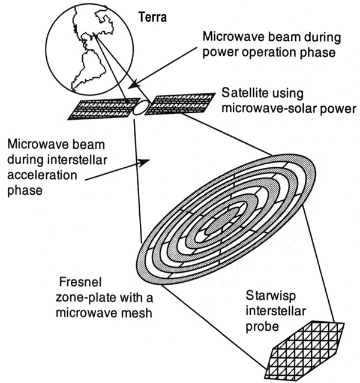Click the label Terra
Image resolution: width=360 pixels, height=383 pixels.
(152, 17)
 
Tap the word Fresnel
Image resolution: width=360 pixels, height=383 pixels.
(80, 282)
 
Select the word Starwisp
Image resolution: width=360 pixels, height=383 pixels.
(271, 296)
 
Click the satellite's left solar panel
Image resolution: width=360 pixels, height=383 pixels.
(104, 108)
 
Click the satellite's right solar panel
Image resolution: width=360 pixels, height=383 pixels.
(180, 104)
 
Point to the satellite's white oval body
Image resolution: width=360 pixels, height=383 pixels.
(142, 107)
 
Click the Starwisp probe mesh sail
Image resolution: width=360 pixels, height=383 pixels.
(304, 351)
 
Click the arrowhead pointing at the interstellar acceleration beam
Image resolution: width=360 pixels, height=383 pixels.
(144, 162)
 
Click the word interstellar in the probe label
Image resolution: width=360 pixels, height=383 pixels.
(276, 312)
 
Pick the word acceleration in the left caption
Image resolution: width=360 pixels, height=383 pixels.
(42, 176)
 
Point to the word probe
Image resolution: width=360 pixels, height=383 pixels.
(262, 327)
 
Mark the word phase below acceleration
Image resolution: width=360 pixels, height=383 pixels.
(25, 191)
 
